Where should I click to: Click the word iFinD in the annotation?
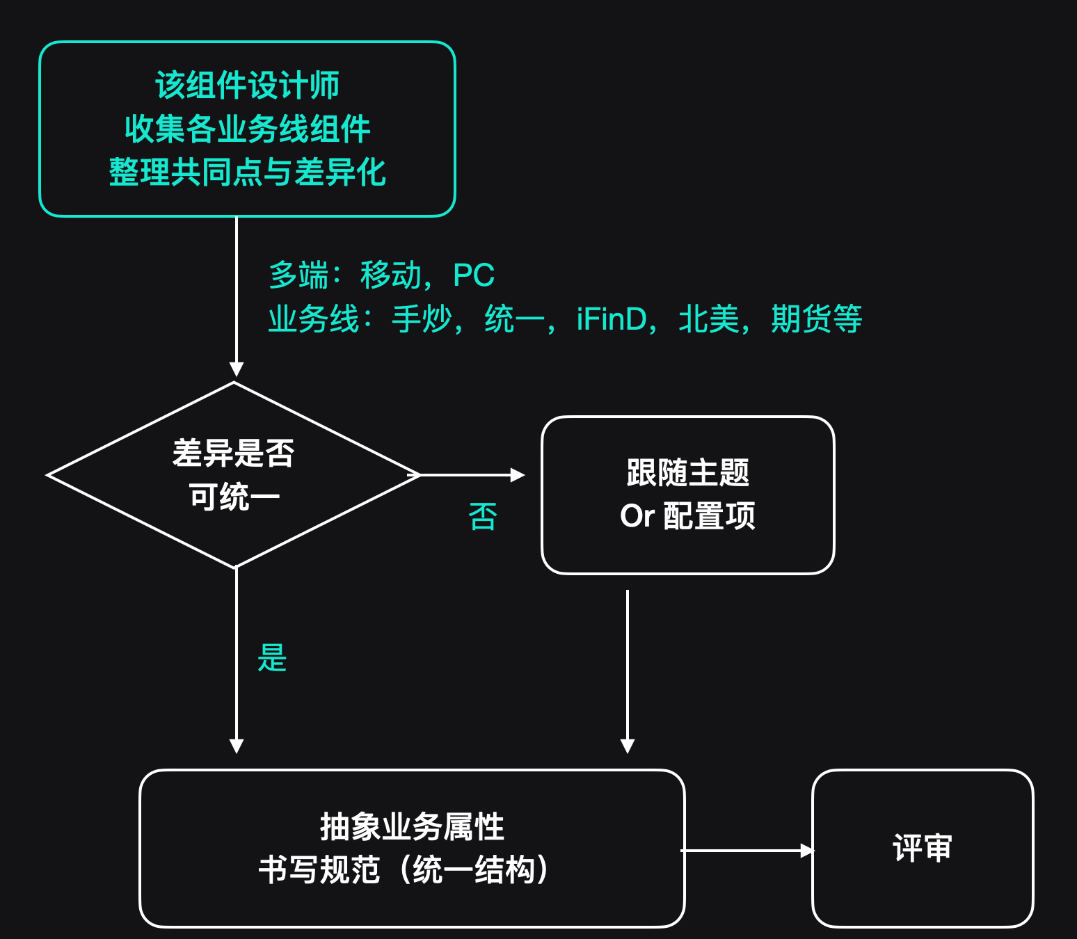tap(612, 319)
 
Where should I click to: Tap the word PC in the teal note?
tap(473, 275)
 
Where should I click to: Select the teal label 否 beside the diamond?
tap(482, 517)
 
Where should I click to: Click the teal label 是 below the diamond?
tap(272, 658)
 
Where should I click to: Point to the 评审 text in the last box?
tap(922, 849)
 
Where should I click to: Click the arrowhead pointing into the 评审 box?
tap(806, 850)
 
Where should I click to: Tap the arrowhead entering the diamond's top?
tap(237, 369)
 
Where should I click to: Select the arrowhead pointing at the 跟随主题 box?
tap(517, 475)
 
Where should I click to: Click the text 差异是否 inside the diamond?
tap(234, 454)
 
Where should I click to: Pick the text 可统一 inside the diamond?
tap(234, 497)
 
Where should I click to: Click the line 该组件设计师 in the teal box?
tap(247, 86)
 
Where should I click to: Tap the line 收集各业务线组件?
tap(247, 129)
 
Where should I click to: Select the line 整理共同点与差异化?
tap(247, 172)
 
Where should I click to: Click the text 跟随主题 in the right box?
tap(687, 473)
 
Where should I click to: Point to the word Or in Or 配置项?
tap(637, 516)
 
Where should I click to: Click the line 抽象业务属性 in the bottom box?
tap(412, 827)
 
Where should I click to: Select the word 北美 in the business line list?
tap(708, 319)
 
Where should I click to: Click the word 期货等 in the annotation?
tap(816, 319)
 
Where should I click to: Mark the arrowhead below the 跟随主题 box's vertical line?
tap(628, 746)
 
